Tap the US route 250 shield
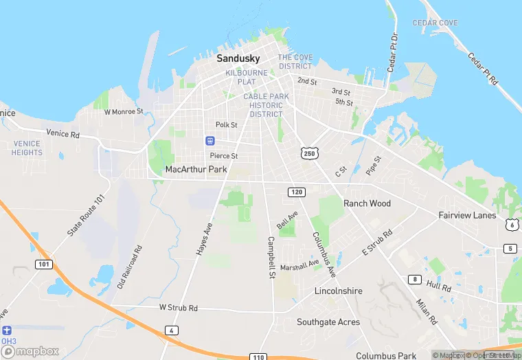pos(308,153)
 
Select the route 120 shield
pos(296,192)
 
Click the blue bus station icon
pos(209,141)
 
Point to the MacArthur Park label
pos(196,169)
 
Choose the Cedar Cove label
pos(435,23)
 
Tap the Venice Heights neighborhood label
pos(27,148)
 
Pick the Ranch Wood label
pos(367,203)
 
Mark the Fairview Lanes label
pos(467,215)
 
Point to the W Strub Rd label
pos(178,308)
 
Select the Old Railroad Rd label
pos(129,267)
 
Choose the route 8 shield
pos(414,279)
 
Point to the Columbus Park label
pos(386,356)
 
